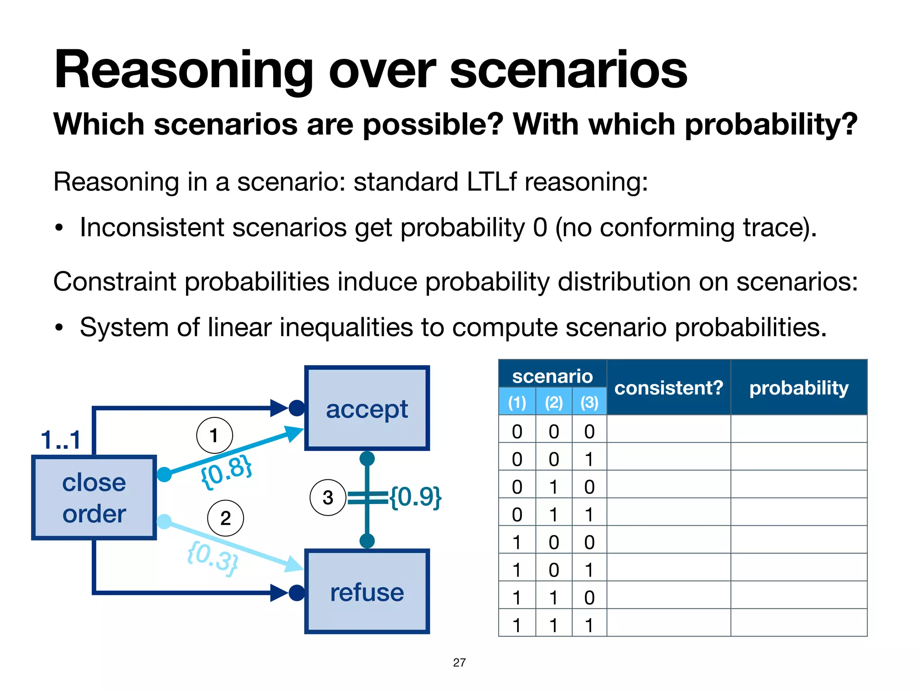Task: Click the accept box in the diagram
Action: pos(367,408)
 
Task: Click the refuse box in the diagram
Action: pos(367,592)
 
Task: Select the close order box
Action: pos(94,497)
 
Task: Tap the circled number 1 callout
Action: pos(214,435)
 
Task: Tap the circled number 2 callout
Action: pos(226,518)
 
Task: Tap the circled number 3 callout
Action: pos(328,497)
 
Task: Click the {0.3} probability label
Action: pos(212,558)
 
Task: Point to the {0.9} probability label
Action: pos(415,497)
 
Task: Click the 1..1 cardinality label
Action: pos(61,440)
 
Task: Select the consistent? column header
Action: pos(668,387)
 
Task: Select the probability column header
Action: pos(799,387)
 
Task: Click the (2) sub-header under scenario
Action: pos(553,402)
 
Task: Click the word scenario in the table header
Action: pos(552,376)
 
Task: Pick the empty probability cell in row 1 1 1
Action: pos(799,623)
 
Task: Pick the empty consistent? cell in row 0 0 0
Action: pos(668,429)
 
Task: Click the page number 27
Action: pos(459,662)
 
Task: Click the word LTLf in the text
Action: pos(492,182)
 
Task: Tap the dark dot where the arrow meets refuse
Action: pos(296,593)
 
